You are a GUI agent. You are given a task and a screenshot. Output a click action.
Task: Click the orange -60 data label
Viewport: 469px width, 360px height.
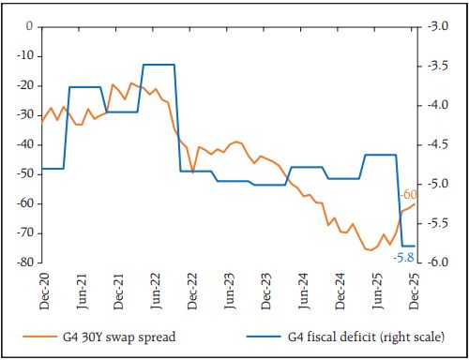pyautogui.click(x=408, y=195)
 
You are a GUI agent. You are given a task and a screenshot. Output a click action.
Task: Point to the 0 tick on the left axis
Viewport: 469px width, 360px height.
pyautogui.click(x=30, y=26)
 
